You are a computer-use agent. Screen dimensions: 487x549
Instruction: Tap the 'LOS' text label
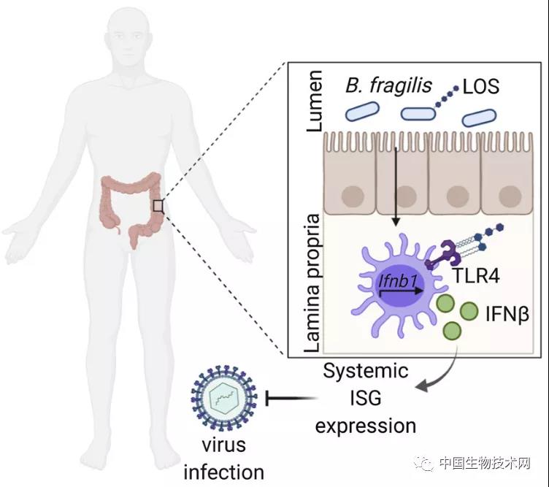coord(483,87)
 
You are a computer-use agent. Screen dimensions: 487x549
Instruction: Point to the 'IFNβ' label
coord(497,315)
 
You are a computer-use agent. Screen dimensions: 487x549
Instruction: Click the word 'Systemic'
coord(366,371)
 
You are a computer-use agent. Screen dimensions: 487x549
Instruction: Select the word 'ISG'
coord(366,399)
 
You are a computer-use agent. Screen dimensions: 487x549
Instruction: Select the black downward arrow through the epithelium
coord(395,190)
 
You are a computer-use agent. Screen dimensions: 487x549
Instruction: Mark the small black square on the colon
coord(158,206)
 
